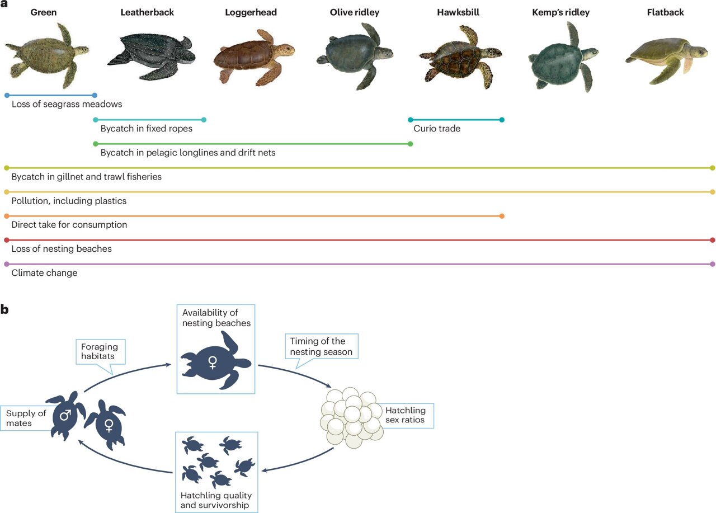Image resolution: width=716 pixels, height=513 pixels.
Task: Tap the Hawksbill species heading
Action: coord(458,12)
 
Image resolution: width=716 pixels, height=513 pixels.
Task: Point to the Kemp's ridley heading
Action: coord(560,12)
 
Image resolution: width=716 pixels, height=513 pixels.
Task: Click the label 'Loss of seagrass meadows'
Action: coord(67,105)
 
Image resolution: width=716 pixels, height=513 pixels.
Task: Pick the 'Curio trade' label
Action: coord(437,129)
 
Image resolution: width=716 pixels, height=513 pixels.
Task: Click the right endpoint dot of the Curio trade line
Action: coord(502,120)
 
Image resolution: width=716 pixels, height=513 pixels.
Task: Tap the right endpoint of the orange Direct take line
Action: coord(502,216)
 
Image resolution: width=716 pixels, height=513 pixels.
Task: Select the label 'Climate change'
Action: coord(44,273)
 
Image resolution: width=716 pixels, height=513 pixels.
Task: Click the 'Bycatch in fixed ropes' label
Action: coord(147,129)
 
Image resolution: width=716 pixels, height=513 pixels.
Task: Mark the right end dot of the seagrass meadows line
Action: coord(95,95)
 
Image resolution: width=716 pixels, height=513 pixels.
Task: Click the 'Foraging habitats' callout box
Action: coord(98,351)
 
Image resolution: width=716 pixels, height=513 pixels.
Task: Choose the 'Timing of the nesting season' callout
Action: coord(322,346)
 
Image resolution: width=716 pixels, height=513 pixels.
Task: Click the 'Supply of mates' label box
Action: coord(26,418)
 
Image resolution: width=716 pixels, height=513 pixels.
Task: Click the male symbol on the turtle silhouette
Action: coord(65,416)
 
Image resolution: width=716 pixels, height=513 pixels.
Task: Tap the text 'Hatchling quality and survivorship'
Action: coord(216,501)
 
